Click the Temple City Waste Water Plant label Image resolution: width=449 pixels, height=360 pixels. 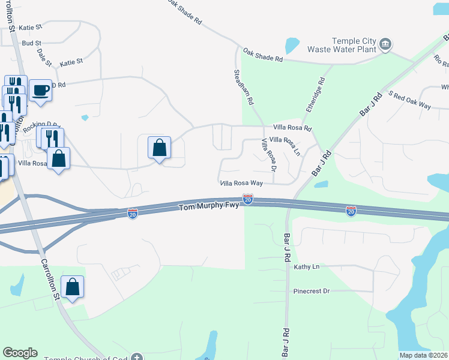click(341, 46)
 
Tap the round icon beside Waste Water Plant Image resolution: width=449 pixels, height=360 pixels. click(385, 43)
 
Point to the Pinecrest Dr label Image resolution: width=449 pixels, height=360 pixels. click(312, 291)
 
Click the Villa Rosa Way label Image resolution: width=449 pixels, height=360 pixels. click(241, 182)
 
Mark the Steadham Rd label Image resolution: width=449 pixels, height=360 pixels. click(243, 87)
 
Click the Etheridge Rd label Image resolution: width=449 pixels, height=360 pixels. click(315, 94)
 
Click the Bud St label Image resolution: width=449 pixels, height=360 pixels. click(31, 43)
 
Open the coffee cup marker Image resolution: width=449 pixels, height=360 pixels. click(40, 91)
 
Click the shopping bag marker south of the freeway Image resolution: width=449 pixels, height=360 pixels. click(72, 287)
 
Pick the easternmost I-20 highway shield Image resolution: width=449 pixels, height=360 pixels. click(351, 211)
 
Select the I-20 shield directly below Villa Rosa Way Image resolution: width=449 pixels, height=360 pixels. click(247, 198)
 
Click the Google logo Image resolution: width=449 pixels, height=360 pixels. click(20, 353)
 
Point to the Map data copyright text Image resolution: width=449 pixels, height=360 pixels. click(423, 355)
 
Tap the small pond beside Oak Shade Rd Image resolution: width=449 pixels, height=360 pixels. click(292, 45)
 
